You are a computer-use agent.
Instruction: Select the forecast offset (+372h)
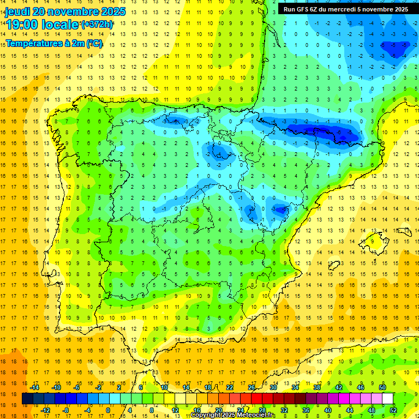97,25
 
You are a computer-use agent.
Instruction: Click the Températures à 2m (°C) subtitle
53,43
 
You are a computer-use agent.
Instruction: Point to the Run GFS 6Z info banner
345,9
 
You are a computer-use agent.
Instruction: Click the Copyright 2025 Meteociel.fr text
232,415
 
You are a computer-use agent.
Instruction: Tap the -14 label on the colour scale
34,387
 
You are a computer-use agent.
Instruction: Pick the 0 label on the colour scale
107,410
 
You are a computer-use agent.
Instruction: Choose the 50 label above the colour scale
382,387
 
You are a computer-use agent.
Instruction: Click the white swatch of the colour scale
387,399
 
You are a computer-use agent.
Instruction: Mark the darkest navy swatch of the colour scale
27,399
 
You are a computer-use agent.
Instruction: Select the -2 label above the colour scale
98,387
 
